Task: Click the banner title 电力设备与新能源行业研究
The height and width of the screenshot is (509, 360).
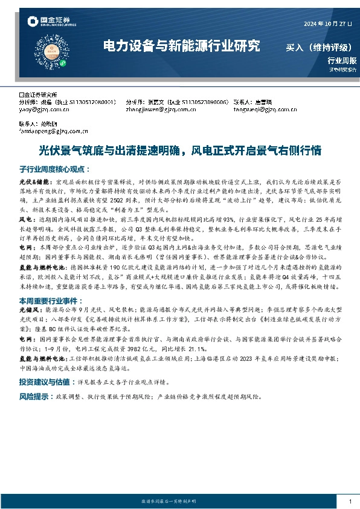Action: pos(182,45)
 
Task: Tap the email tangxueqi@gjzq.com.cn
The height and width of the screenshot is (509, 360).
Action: pos(260,109)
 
